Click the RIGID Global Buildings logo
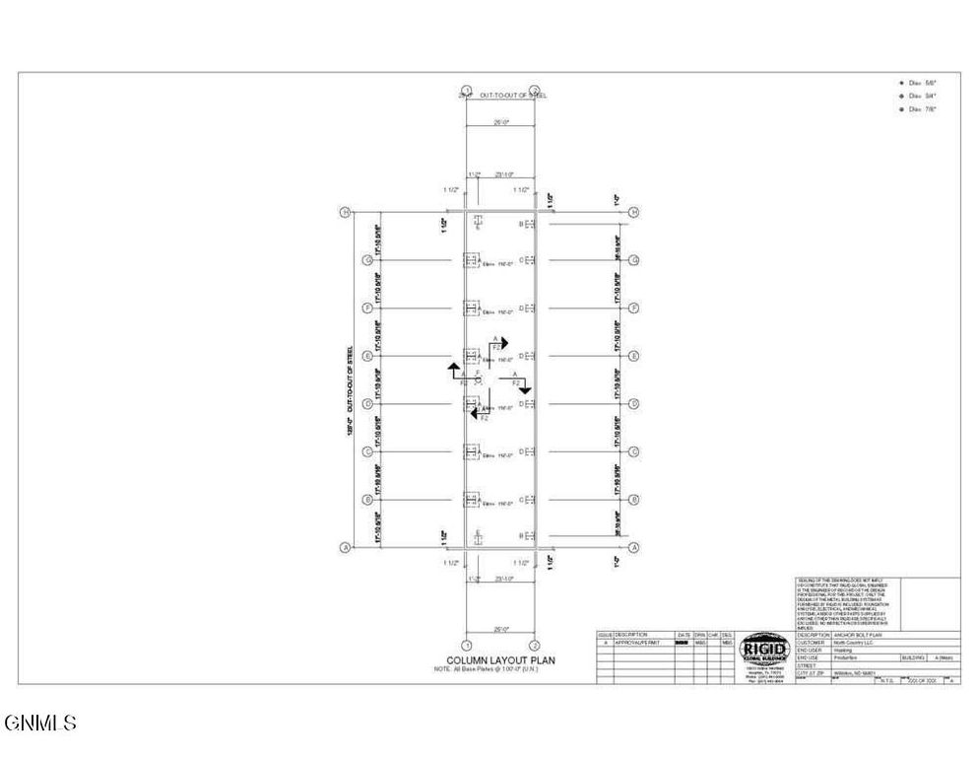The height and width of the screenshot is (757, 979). (763, 650)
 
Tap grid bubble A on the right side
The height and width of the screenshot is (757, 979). (635, 548)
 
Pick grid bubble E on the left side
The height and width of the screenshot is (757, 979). (366, 356)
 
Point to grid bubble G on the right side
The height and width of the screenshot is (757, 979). (635, 260)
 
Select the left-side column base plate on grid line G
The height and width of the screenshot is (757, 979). (471, 261)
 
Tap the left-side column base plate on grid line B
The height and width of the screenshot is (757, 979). (471, 501)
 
